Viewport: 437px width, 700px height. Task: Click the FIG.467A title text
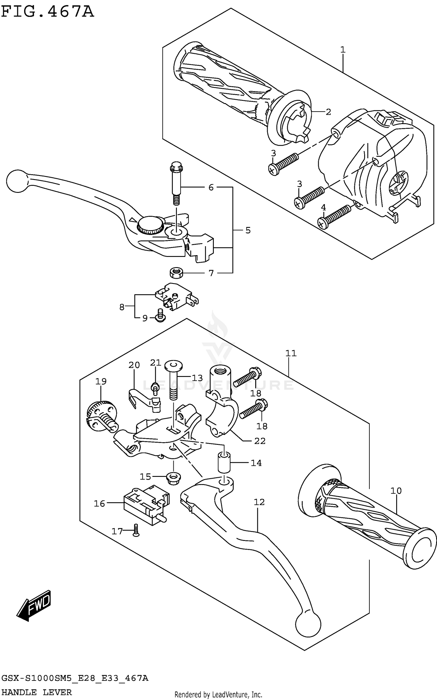[47, 12]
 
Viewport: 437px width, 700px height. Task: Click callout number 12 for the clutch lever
[259, 502]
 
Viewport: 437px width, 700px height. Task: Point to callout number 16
[99, 503]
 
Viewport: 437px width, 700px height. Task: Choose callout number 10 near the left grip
[396, 491]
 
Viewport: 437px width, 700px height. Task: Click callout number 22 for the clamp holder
[260, 441]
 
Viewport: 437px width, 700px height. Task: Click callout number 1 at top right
[343, 50]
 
